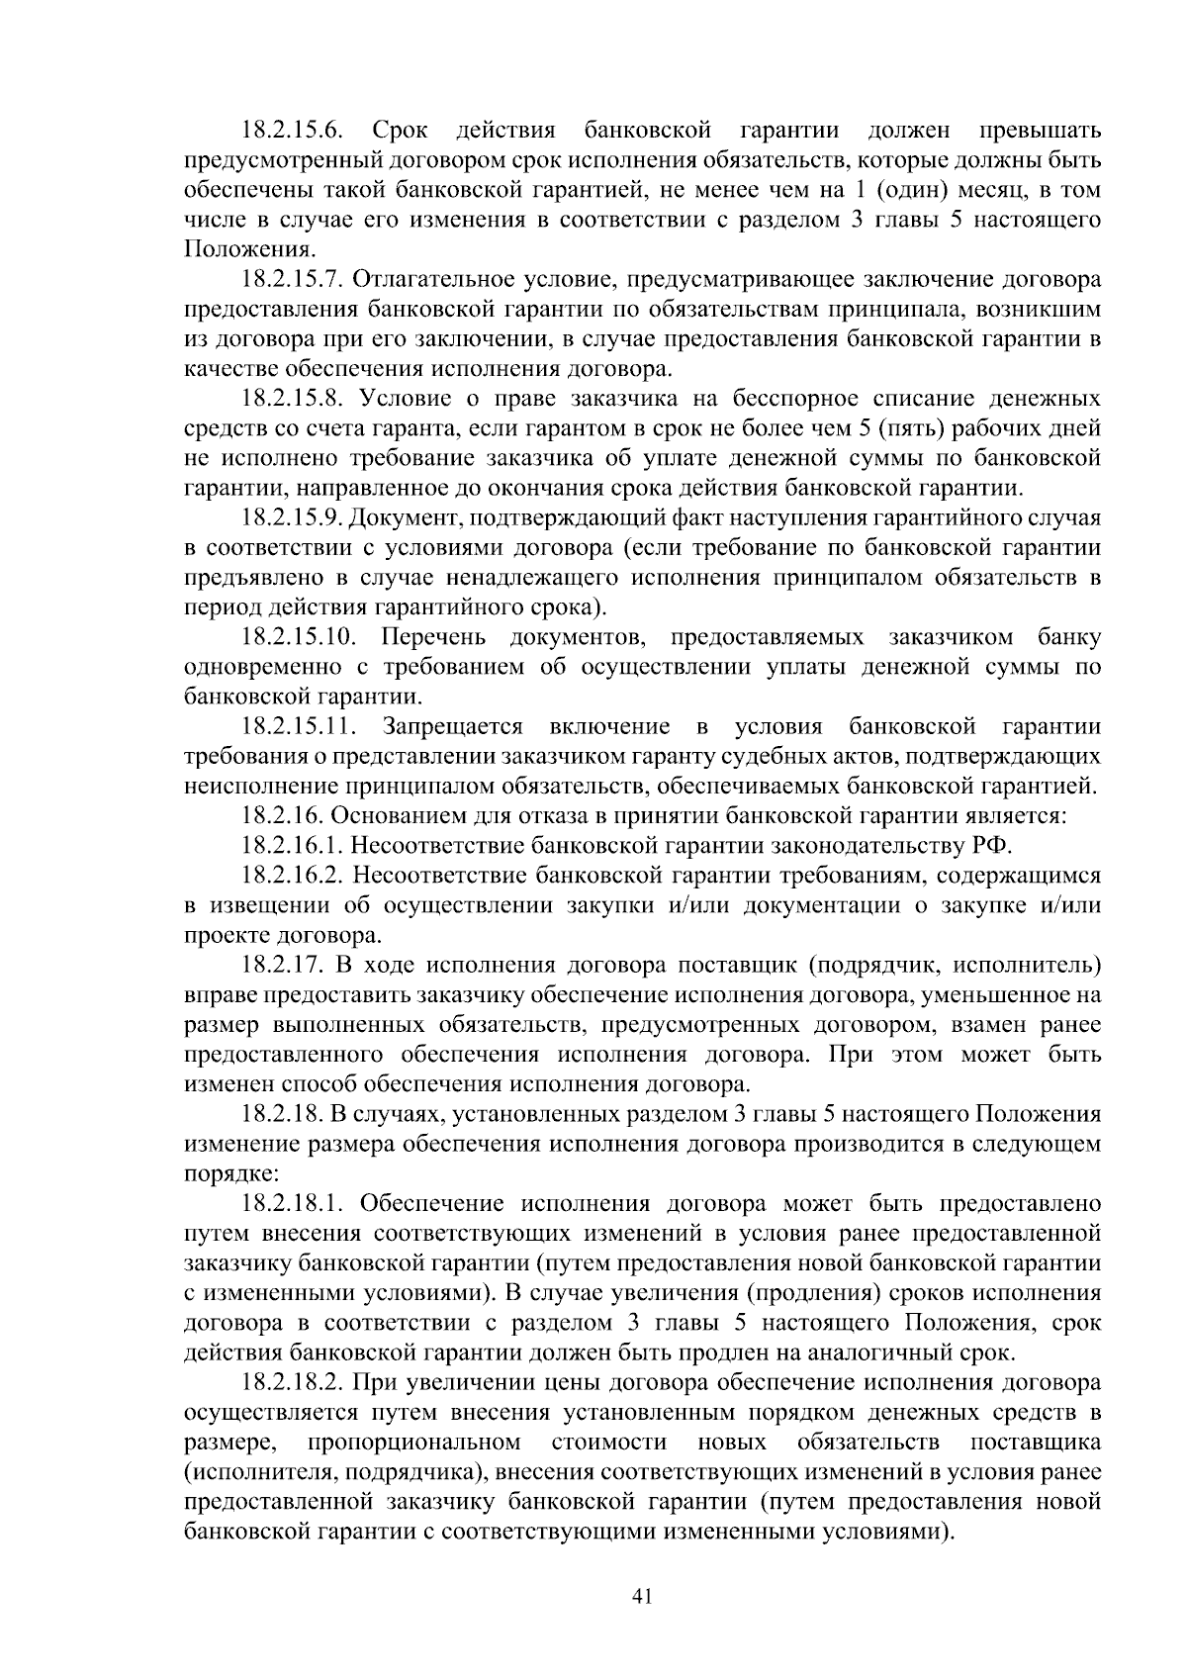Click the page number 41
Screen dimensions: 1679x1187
[642, 1596]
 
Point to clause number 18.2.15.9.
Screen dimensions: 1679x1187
[292, 518]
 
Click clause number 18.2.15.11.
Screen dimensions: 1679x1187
[299, 727]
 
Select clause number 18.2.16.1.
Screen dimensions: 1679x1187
[292, 847]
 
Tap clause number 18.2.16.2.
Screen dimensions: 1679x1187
[292, 877]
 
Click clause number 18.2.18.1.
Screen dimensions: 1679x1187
[292, 1204]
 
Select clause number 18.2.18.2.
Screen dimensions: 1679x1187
[292, 1383]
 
